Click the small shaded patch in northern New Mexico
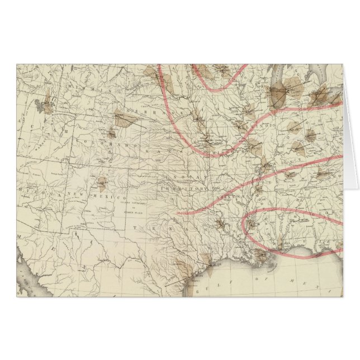click(102, 181)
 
